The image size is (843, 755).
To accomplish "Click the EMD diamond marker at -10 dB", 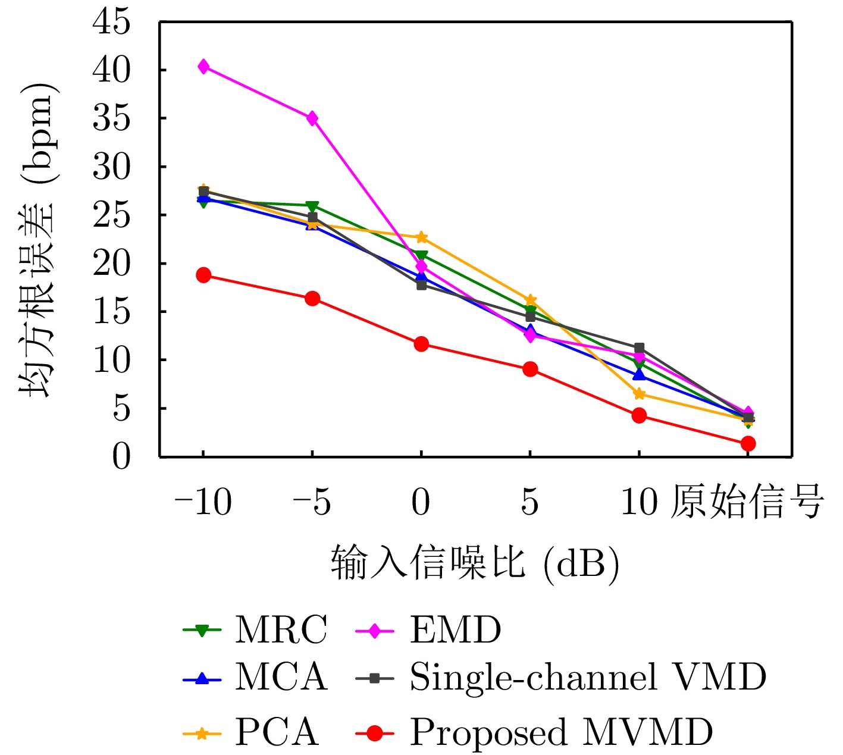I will coord(203,67).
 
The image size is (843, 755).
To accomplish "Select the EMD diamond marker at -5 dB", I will coord(312,118).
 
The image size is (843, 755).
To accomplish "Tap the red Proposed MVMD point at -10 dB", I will coord(203,275).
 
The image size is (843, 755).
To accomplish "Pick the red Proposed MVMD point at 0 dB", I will coord(421,344).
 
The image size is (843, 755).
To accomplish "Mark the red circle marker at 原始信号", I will coord(748,443).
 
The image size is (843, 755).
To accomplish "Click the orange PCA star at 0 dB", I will coord(421,237).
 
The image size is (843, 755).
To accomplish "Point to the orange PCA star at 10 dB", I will coord(640,394).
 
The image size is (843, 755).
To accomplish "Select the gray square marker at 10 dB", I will coord(640,348).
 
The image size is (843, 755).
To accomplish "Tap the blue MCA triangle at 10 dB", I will coord(640,375).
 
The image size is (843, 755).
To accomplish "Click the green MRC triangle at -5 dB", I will coord(312,206).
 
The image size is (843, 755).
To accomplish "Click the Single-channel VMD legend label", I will coord(587,677).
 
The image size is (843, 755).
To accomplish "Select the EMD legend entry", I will coord(455,629).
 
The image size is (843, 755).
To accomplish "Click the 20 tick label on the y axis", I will coord(111,264).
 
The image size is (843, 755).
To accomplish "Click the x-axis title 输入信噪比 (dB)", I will coord(475,562).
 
